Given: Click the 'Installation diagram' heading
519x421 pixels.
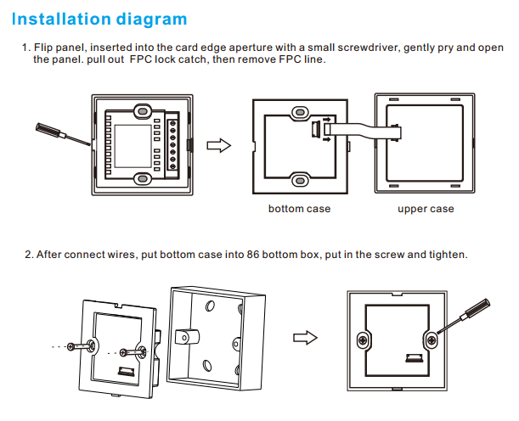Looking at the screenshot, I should click(x=100, y=19).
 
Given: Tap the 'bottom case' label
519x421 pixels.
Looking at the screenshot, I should click(x=299, y=209).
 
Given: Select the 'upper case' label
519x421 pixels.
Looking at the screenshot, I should click(x=426, y=209).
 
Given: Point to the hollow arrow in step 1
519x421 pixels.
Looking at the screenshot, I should click(x=219, y=146).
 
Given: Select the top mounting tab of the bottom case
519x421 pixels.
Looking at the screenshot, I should click(x=299, y=112).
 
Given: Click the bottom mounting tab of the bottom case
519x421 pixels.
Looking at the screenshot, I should click(x=299, y=179).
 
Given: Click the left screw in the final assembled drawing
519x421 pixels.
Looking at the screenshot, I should click(x=364, y=340).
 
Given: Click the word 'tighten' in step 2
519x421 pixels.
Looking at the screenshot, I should click(x=445, y=255).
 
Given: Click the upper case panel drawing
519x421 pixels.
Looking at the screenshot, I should click(x=425, y=144).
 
